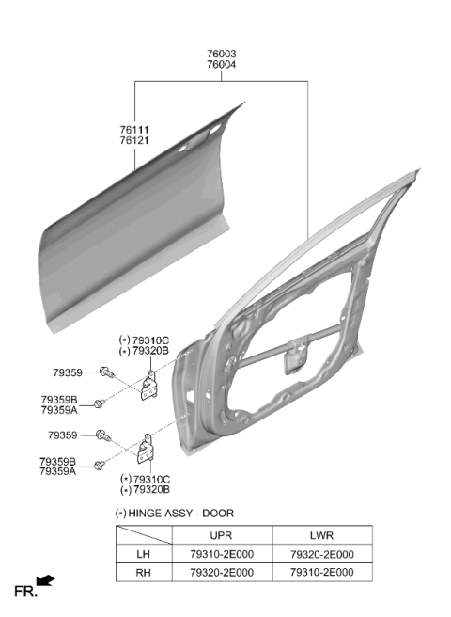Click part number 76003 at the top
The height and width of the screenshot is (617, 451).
point(222,54)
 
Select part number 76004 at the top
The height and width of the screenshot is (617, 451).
point(222,65)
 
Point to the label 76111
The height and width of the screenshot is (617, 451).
point(134,130)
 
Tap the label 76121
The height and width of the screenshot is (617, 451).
point(134,140)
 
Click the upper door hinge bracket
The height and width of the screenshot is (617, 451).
point(149,386)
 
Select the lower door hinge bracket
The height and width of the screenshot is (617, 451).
point(146,450)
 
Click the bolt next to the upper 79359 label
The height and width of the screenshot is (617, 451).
point(106,372)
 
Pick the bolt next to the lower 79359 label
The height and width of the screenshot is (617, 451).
point(103,435)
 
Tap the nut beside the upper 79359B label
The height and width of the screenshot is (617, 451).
point(100,403)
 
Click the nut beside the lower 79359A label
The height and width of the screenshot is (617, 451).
point(100,466)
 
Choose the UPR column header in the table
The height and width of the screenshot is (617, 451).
point(222,535)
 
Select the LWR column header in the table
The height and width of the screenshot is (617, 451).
point(321,535)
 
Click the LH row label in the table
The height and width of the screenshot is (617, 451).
point(144,554)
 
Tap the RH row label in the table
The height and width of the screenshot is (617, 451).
point(144,572)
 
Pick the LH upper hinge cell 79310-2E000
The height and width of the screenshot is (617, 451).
point(222,554)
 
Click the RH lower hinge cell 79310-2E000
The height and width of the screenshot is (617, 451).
point(322,572)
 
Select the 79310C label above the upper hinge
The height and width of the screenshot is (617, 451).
point(150,340)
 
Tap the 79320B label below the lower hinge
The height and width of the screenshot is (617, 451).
point(152,490)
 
